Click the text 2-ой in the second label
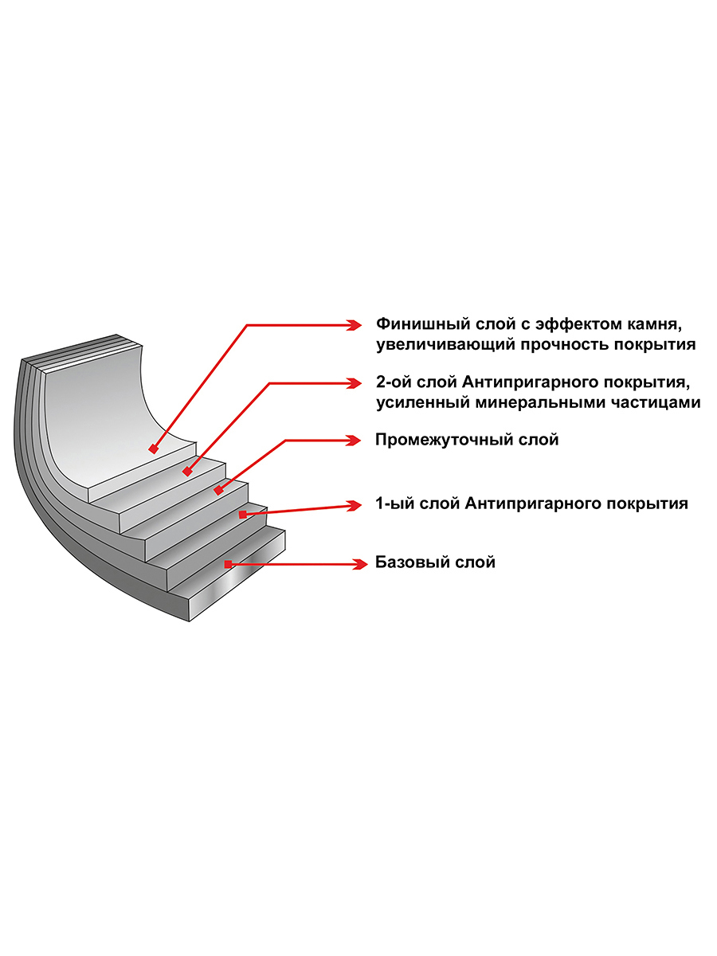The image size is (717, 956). click(x=393, y=382)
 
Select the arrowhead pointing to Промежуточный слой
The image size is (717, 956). click(x=354, y=441)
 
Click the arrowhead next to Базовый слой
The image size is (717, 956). click(x=359, y=565)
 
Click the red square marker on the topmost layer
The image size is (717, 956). click(x=153, y=449)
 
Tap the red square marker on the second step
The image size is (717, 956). click(x=187, y=472)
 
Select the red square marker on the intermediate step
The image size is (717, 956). click(x=218, y=491)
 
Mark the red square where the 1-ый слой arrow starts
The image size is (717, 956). click(x=243, y=515)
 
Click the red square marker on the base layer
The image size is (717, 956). click(x=228, y=565)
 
